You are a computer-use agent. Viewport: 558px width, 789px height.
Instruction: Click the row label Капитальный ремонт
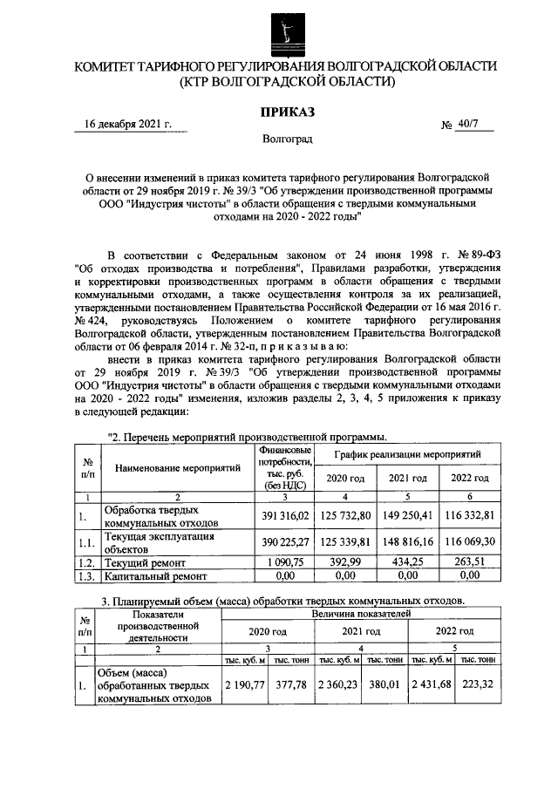coord(156,576)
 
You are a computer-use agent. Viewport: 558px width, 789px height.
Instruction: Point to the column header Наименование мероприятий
coord(177,468)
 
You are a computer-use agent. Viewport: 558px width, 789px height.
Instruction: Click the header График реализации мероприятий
coord(409,455)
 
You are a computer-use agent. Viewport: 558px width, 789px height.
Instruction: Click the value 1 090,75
coord(286,562)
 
